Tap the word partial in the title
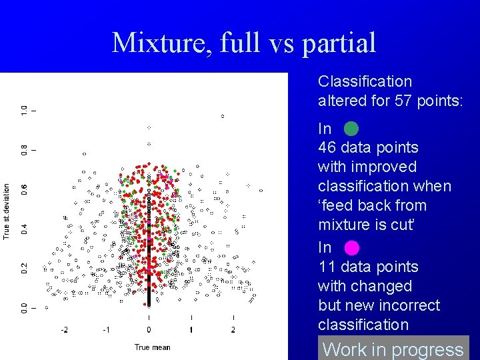click(339, 44)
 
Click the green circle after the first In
click(351, 129)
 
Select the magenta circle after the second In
click(351, 248)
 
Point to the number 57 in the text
click(401, 101)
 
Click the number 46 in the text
click(327, 147)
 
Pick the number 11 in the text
click(326, 267)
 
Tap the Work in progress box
click(393, 349)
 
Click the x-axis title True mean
click(152, 347)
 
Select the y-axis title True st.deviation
click(7, 211)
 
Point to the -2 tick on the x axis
click(64, 330)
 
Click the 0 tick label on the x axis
click(149, 330)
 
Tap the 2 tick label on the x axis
click(233, 330)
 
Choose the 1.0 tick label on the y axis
click(24, 109)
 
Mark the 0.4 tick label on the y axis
click(24, 228)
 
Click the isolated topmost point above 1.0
click(223, 116)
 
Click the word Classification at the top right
click(365, 81)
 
